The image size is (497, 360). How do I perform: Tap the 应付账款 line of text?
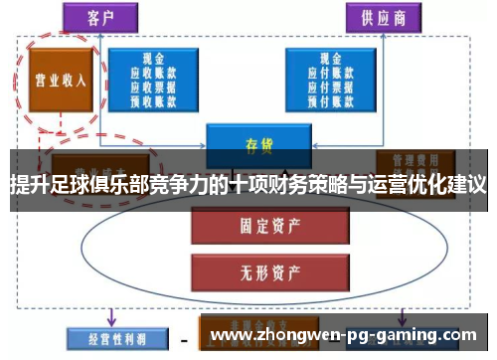coord(331,73)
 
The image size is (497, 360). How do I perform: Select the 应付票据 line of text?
coord(331,86)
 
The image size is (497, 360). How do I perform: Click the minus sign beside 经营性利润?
coord(185,339)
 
